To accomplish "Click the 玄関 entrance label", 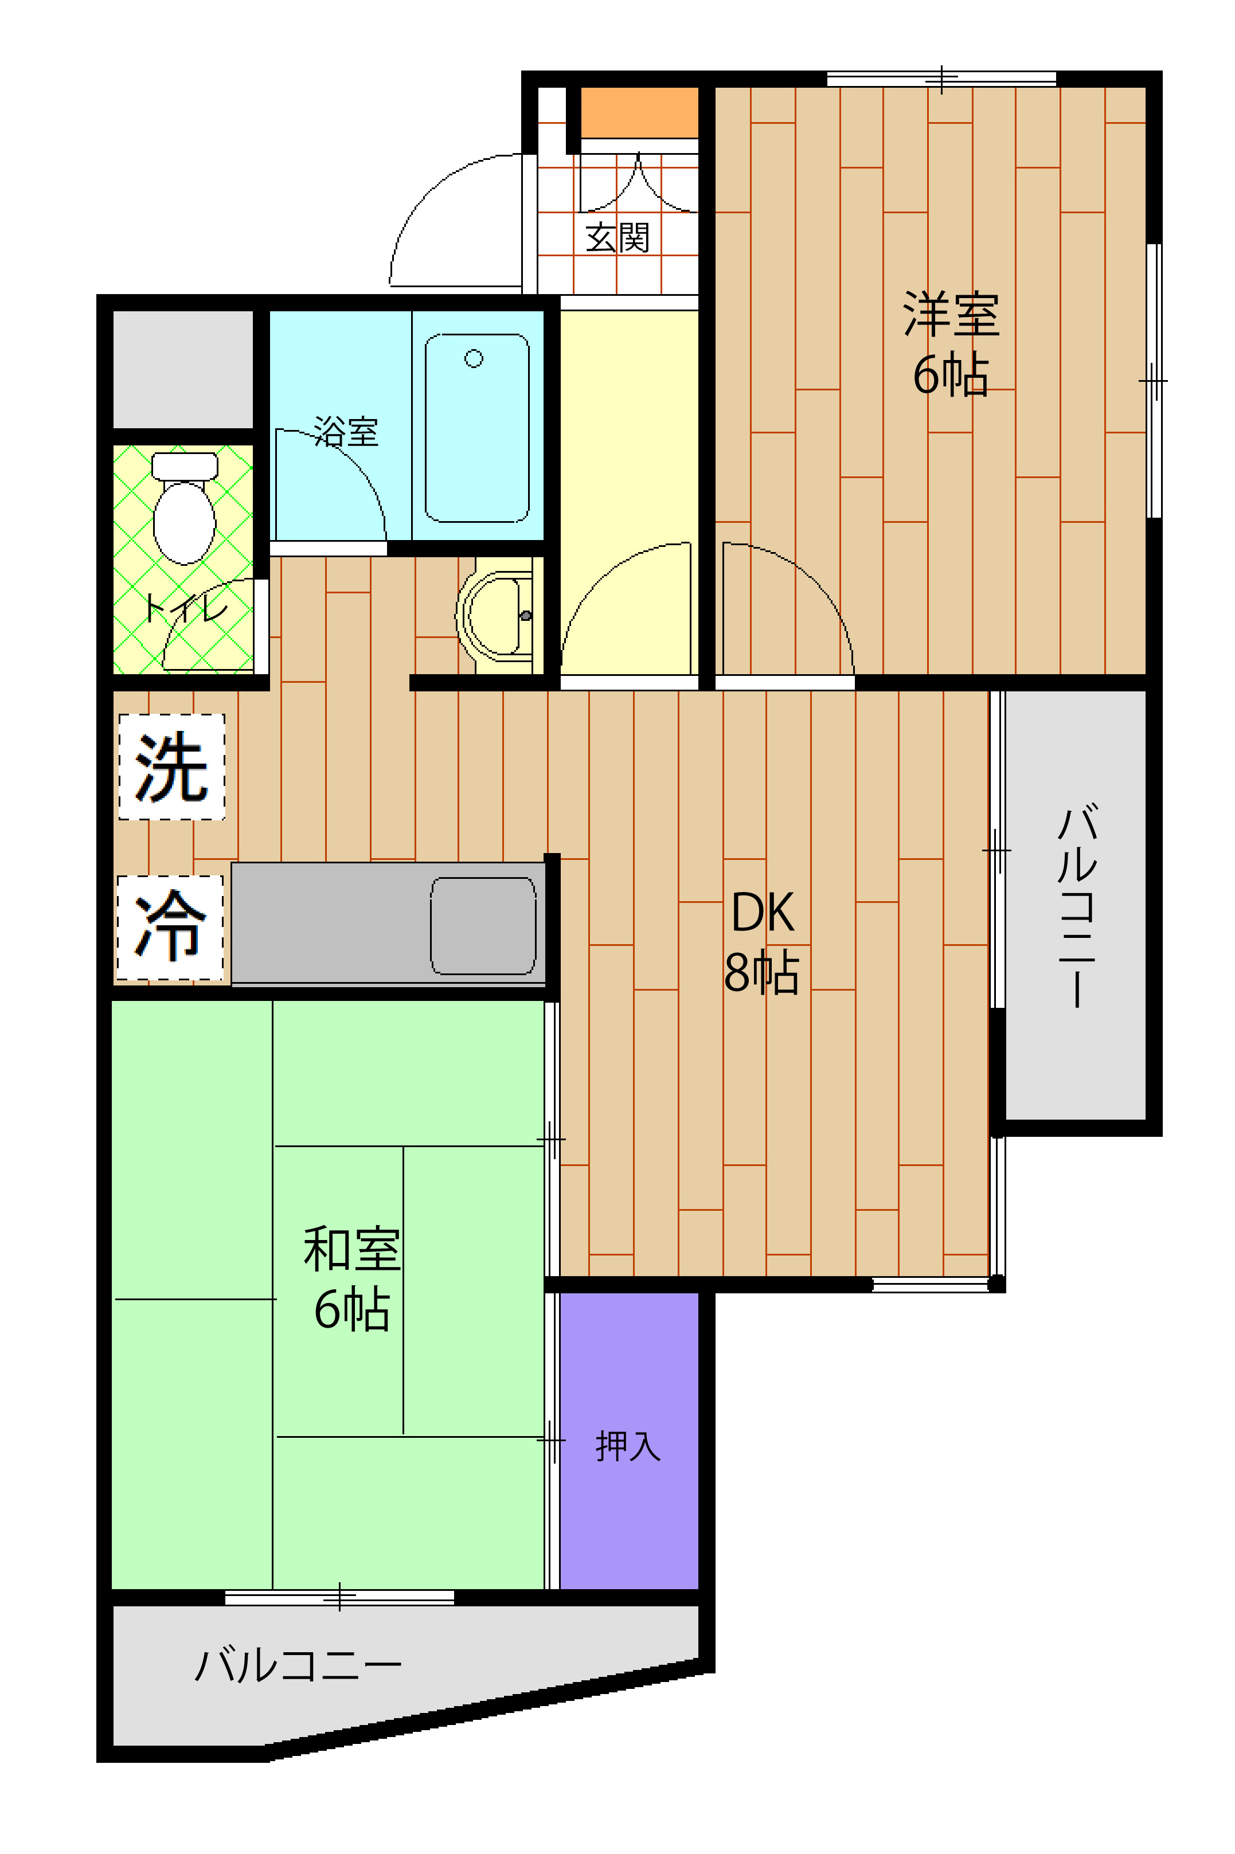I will coord(617,237).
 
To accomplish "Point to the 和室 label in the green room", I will coord(352,1249).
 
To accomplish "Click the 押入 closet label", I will coord(628,1445).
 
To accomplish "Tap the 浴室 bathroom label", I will coord(346,432).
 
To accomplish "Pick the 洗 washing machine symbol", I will coord(171,766).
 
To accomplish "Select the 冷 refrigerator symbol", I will coord(170,927).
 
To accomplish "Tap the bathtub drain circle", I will coord(474,359).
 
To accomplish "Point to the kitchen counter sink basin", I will coord(483,925).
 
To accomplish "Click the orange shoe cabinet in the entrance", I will coord(639,112).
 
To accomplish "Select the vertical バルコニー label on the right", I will coord(1076,906).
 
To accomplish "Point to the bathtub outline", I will coord(476,428).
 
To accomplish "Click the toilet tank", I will coord(184,466).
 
